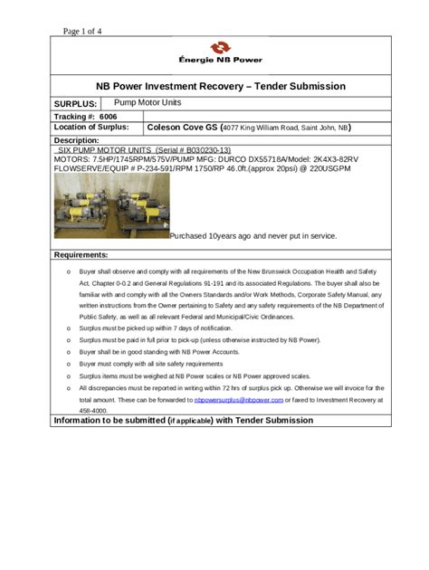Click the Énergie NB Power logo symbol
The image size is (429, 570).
(x=221, y=47)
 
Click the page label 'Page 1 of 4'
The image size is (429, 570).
(x=82, y=31)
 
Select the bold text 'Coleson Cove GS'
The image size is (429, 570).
(x=182, y=128)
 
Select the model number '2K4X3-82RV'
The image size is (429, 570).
(x=334, y=158)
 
